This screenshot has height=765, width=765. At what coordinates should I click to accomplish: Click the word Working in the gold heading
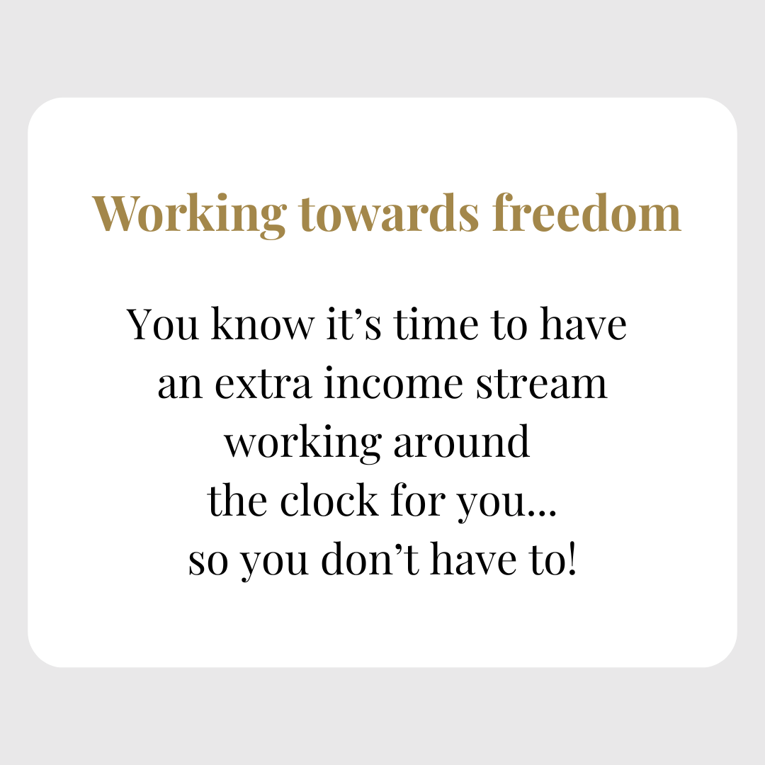click(x=189, y=215)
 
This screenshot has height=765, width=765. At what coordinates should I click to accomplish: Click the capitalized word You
click(x=163, y=324)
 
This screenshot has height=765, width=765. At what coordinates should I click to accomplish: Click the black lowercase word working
click(x=302, y=443)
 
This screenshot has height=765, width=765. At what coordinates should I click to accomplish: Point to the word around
click(x=462, y=441)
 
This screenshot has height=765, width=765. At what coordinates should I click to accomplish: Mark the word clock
click(x=329, y=499)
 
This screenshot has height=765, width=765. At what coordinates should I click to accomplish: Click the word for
click(x=419, y=499)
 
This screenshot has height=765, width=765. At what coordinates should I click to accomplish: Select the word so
click(x=208, y=561)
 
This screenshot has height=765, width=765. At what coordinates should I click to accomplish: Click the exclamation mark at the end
click(x=572, y=559)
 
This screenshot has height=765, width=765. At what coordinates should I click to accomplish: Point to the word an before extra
click(x=180, y=385)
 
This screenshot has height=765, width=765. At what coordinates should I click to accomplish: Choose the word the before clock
click(x=237, y=499)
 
